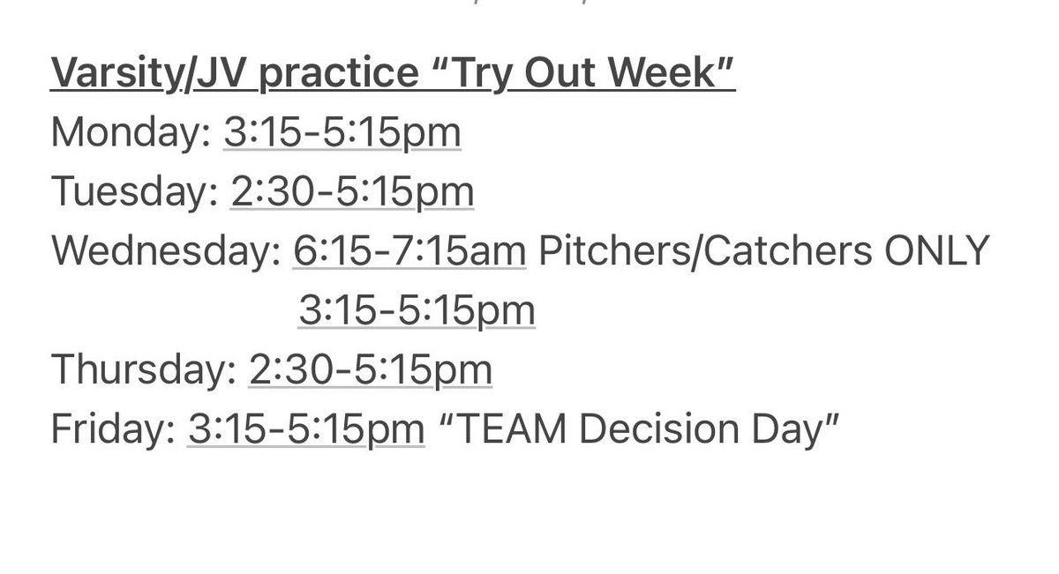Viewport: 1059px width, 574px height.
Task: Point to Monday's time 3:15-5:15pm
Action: tap(342, 134)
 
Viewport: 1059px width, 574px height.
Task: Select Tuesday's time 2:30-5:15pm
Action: tap(352, 193)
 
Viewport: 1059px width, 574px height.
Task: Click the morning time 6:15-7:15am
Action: tap(409, 252)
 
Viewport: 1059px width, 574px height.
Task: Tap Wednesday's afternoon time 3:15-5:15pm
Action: tap(416, 311)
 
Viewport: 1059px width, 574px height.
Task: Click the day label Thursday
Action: tap(144, 370)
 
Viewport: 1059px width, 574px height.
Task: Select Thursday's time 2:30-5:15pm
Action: tap(371, 370)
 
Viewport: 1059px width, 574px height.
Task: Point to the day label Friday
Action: tap(112, 429)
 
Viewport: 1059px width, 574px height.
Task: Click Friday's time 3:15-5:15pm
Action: tap(306, 429)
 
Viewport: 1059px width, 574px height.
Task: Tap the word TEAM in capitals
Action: tap(504, 429)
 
